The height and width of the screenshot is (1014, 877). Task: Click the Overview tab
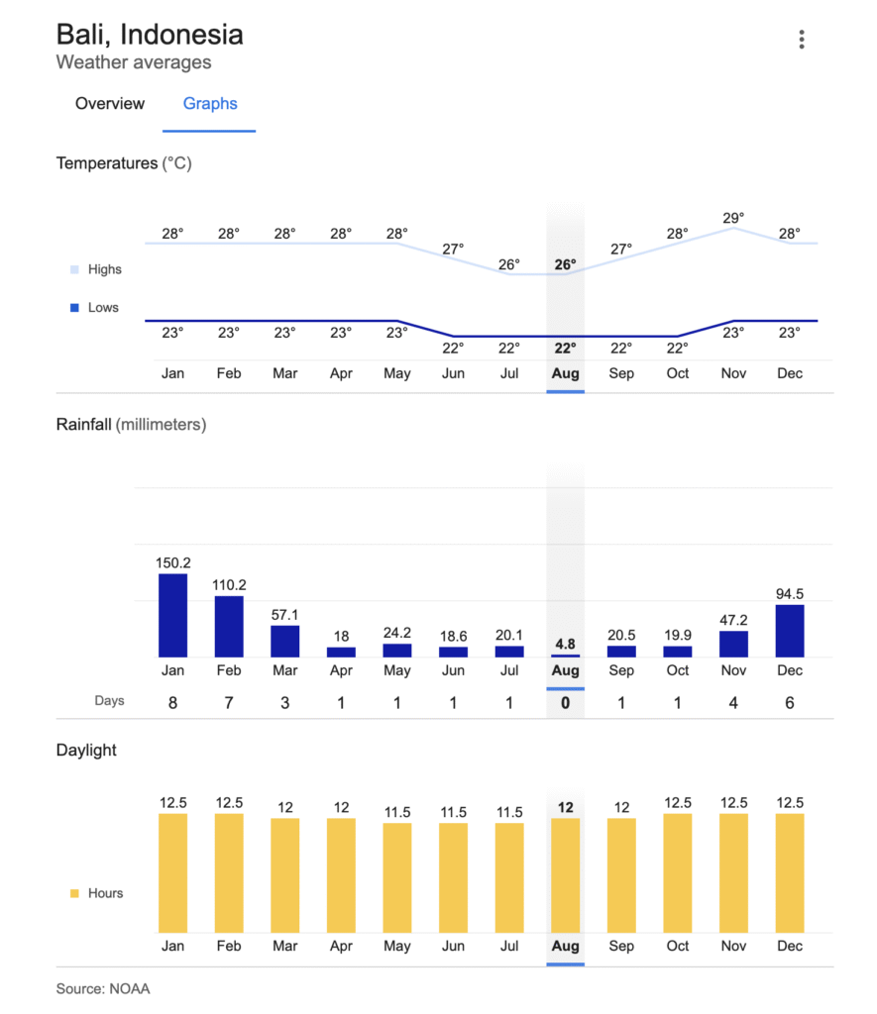110,104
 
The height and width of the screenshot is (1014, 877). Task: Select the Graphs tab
210,104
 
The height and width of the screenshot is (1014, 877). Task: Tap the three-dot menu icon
801,40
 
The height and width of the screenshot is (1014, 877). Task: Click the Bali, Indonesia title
150,35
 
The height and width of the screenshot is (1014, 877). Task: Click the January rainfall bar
172,615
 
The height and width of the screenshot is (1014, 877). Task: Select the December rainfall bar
790,631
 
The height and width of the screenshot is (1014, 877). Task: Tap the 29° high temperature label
733,217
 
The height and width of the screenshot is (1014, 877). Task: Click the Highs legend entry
104,269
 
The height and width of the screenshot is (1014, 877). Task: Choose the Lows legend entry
102,308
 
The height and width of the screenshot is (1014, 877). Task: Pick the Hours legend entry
104,893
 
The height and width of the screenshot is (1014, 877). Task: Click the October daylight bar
678,872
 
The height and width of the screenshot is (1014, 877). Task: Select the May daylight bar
397,877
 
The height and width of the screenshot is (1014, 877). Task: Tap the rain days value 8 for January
172,703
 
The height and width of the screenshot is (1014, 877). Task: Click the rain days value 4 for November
733,703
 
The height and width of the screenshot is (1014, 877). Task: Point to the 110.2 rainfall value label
229,584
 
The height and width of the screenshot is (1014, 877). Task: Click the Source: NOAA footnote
103,988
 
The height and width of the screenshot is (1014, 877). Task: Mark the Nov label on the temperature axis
733,374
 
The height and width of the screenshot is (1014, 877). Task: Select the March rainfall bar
285,641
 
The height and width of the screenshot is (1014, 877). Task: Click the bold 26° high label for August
565,264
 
